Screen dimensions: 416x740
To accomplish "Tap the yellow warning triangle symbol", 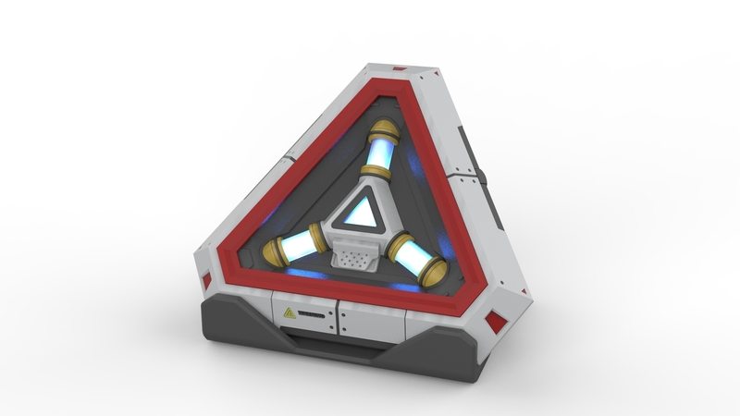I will point(290,313).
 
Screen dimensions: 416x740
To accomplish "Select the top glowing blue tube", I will point(380,151).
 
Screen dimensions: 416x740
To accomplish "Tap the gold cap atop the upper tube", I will point(385,128).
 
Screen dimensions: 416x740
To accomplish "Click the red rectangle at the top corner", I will point(400,69).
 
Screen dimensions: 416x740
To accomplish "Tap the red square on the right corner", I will point(496,323).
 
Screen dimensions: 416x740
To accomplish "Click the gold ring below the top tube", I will point(375,172).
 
